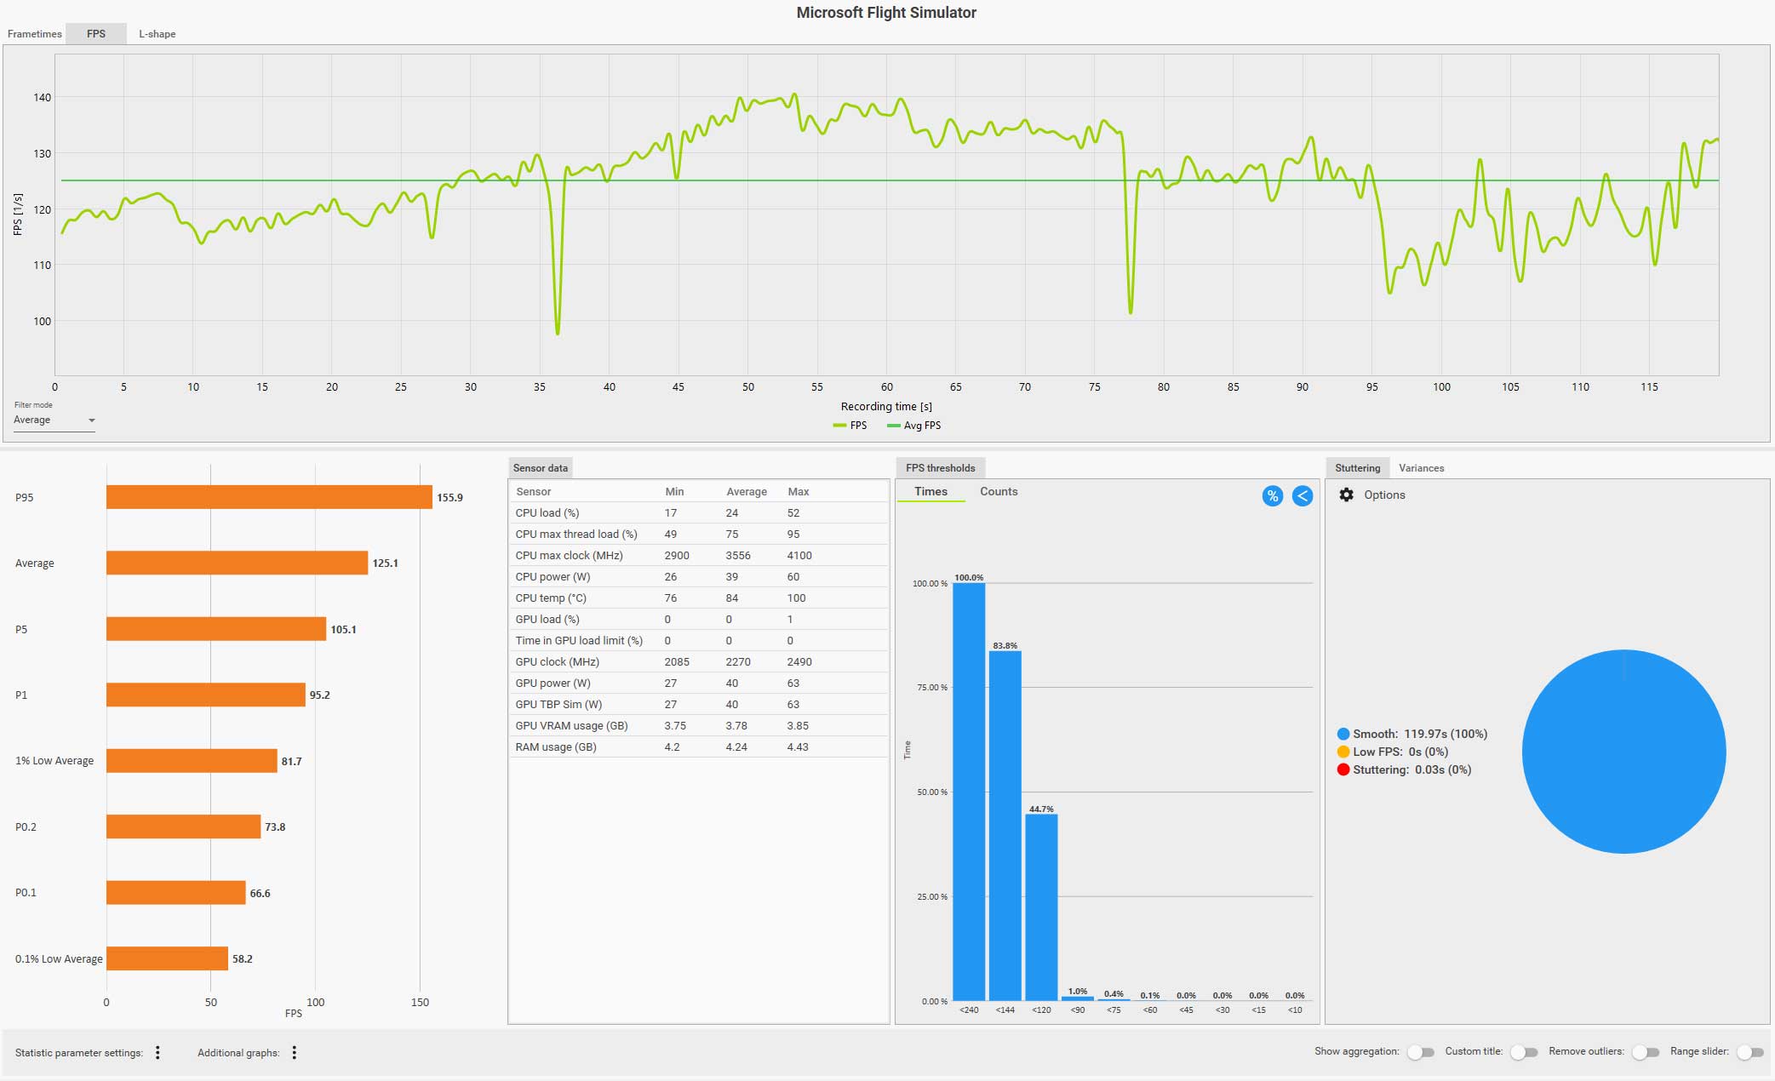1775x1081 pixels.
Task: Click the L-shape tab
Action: [x=157, y=34]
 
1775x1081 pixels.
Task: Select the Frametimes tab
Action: [x=35, y=34]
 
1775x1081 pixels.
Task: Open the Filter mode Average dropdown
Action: [x=54, y=420]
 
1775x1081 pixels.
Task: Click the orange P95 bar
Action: [x=269, y=497]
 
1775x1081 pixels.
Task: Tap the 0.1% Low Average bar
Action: [x=167, y=958]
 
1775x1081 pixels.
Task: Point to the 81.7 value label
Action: [x=291, y=762]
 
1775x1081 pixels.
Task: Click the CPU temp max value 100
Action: [x=796, y=598]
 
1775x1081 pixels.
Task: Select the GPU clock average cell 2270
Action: [x=737, y=662]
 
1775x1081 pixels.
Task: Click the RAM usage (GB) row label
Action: [x=555, y=747]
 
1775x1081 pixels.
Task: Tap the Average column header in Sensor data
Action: [x=746, y=492]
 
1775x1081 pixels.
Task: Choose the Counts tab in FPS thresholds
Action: [x=998, y=492]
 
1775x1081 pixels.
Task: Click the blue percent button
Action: [x=1272, y=496]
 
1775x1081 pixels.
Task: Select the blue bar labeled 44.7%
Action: [x=1041, y=907]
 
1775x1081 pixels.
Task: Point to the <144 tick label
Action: [x=1005, y=1010]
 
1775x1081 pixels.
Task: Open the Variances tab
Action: [x=1421, y=468]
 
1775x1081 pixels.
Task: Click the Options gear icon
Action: [x=1346, y=495]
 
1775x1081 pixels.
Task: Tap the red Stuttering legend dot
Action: [x=1343, y=770]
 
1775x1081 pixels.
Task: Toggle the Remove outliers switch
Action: [x=1646, y=1053]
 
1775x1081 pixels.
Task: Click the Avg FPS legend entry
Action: [x=914, y=426]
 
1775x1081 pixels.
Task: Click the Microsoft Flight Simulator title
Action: [x=886, y=13]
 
